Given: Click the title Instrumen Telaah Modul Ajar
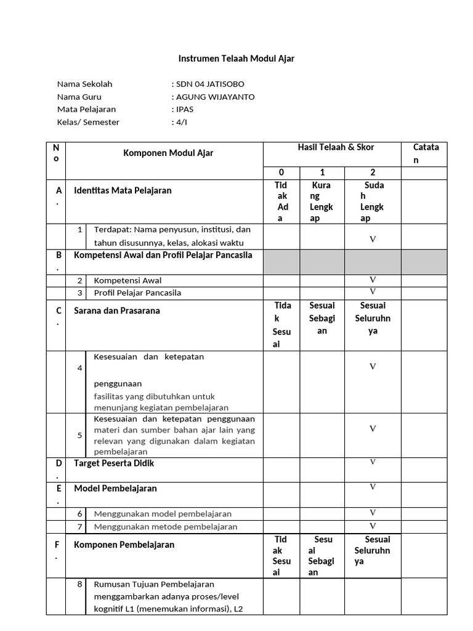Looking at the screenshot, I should coord(236,59).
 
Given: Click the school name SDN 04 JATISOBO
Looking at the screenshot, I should coord(212,84).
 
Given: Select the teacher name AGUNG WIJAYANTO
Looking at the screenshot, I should coord(215,97).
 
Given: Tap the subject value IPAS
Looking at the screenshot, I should coord(185,109).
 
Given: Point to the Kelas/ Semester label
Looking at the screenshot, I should coord(88,122).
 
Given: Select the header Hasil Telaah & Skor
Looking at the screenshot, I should coord(336,147).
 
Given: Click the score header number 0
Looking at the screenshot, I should coord(281,173).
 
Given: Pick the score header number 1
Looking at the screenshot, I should coord(322,173).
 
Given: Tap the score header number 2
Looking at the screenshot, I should coord(373,173).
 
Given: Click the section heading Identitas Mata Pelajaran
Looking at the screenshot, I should coord(123,190).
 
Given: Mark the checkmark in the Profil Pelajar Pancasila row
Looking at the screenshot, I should coord(373,291).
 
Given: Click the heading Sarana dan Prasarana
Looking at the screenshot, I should coord(117,311).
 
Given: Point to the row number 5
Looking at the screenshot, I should coord(79,435).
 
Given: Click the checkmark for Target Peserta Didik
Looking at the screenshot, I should coord(373,462).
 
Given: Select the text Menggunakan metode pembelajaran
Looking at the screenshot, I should coord(166,527).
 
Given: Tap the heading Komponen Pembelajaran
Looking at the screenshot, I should coord(124,545).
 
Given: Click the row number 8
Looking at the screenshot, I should coord(79,584).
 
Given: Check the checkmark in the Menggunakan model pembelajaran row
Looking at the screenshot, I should coord(373,513).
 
